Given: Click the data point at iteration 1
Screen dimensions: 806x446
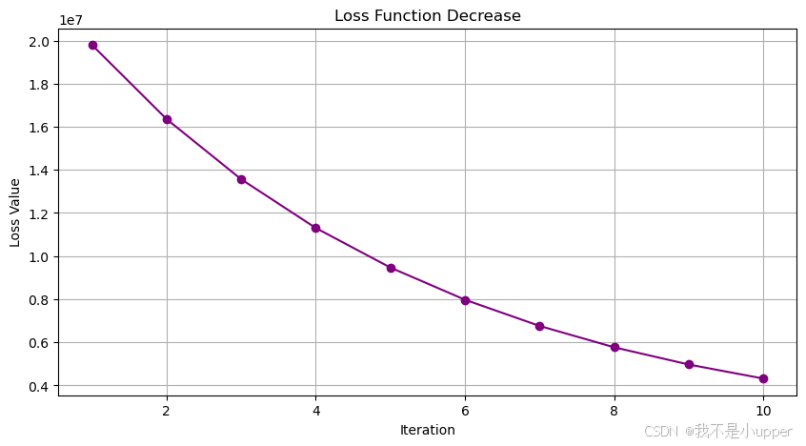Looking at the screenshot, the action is pos(92,46).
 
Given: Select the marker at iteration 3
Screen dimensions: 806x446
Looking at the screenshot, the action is pos(242,179).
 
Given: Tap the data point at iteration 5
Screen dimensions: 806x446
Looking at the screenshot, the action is pos(391,268).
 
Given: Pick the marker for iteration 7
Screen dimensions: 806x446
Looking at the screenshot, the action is pos(540,326).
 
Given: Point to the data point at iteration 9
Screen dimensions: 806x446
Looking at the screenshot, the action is pos(690,364).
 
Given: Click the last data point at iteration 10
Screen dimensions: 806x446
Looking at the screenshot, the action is pos(763,378).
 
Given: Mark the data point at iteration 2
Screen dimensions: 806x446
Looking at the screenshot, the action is pos(167,119).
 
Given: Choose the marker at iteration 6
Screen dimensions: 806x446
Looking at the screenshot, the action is pos(465,300).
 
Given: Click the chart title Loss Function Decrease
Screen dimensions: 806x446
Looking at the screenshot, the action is pos(428,15).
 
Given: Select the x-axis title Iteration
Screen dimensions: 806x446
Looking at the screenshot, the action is pos(428,430).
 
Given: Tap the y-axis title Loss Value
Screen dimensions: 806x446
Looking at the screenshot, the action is pos(14,213).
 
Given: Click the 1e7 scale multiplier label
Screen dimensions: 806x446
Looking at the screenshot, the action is pos(71,20).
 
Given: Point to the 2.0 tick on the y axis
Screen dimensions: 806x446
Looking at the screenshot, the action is pos(39,42).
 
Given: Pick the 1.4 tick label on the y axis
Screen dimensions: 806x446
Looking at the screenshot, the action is pos(39,171).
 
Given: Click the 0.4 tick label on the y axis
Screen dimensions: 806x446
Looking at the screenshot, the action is pos(39,386).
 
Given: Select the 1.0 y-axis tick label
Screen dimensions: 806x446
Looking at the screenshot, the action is pos(39,256).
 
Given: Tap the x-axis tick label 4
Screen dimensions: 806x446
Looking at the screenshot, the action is pos(316,411).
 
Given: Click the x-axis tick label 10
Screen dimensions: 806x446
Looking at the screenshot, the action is pos(763,411).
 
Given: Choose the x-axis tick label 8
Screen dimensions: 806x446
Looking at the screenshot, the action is pos(615,411).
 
